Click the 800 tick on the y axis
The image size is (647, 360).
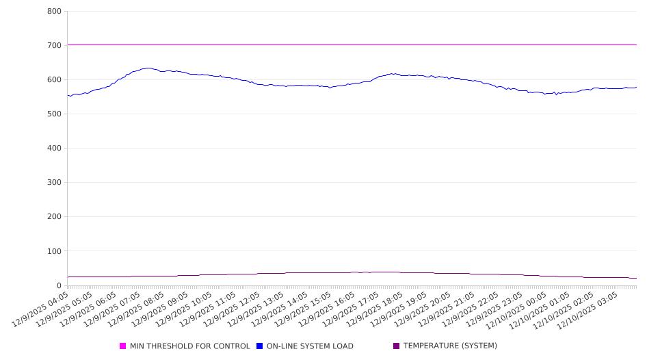[x=54, y=12]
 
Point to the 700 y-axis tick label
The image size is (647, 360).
[x=54, y=46]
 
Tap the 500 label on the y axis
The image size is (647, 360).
[x=54, y=114]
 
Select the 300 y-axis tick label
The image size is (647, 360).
[x=54, y=183]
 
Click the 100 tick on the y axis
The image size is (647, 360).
[x=54, y=251]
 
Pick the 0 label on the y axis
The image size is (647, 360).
[x=59, y=285]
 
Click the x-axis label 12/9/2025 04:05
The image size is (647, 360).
[x=41, y=309]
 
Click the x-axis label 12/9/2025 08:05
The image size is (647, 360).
[x=136, y=309]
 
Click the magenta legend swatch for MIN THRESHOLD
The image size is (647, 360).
[x=123, y=346]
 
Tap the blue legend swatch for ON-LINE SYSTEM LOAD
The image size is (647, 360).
[x=260, y=346]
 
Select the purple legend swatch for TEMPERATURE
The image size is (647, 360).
[x=397, y=346]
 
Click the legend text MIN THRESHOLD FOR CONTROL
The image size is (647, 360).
[x=189, y=346]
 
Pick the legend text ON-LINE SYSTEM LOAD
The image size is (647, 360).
[x=310, y=346]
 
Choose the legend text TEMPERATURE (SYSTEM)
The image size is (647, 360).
[x=450, y=346]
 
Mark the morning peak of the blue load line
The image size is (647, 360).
[x=148, y=68]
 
